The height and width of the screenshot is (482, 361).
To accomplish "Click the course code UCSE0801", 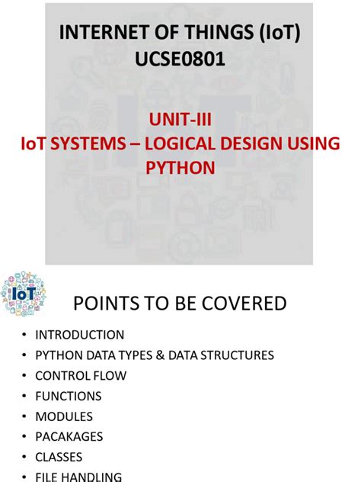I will (x=180, y=58).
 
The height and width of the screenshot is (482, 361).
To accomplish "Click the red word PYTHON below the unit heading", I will (x=180, y=167).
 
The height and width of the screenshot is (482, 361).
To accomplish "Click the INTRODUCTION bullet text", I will (x=79, y=335).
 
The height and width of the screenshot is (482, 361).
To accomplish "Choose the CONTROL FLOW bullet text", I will (x=81, y=376).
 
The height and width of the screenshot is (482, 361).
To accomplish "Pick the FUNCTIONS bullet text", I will (x=68, y=397).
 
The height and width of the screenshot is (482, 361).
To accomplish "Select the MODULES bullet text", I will (x=64, y=417).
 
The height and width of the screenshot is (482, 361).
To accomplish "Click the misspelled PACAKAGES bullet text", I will (x=69, y=437).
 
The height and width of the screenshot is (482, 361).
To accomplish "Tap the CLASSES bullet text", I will (x=59, y=458).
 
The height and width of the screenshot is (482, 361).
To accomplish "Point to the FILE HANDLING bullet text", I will (x=78, y=477).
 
